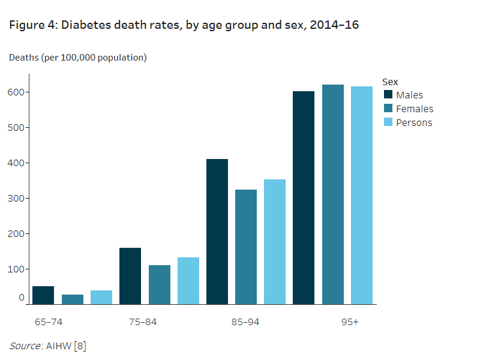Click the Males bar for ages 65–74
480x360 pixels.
coord(43,295)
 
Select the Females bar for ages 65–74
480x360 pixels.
coord(73,299)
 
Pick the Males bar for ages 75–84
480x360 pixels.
coord(130,276)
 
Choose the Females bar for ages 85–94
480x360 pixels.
coord(246,247)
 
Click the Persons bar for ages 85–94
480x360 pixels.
coord(275,242)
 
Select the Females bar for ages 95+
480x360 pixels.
coord(333,194)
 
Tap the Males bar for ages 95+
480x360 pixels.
coord(304,198)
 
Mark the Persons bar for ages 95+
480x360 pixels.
coord(362,196)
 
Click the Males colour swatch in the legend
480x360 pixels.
coord(388,95)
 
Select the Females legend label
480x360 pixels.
coord(415,109)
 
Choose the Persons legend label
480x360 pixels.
coord(414,122)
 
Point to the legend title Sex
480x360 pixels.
coord(390,82)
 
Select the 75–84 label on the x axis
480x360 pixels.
coord(143,322)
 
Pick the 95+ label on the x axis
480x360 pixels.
coord(350,322)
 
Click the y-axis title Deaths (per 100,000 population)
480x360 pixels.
coord(78,58)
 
